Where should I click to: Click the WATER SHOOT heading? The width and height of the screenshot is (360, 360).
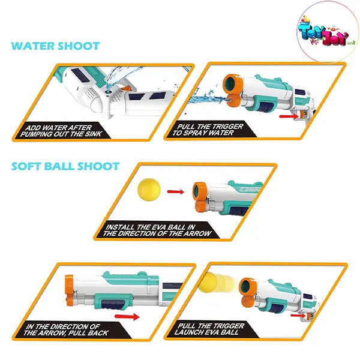click(56, 46)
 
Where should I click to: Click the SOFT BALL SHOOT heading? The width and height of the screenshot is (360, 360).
click(65, 166)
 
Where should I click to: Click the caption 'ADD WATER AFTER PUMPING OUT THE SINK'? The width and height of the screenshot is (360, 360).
click(61, 131)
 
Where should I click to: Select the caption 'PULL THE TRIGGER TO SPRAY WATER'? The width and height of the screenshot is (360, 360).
click(208, 130)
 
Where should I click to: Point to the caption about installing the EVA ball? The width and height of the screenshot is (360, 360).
click(157, 230)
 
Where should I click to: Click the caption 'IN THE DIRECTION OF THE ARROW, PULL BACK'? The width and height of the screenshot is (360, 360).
click(66, 330)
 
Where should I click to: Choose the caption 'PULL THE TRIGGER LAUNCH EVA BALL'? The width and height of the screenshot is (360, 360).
click(209, 329)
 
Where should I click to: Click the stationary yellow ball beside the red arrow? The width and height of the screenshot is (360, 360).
click(149, 190)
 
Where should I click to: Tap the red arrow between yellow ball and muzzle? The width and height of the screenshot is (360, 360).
click(176, 192)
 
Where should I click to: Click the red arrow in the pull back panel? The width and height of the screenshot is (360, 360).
click(127, 317)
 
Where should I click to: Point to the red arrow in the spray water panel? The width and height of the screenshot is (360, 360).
click(289, 116)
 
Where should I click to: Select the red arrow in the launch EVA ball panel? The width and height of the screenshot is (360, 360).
click(298, 316)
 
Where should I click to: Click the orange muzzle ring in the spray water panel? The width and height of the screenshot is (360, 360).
click(232, 84)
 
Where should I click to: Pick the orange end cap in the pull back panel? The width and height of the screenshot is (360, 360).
click(69, 290)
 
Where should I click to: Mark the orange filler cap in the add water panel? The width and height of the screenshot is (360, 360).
click(126, 89)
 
